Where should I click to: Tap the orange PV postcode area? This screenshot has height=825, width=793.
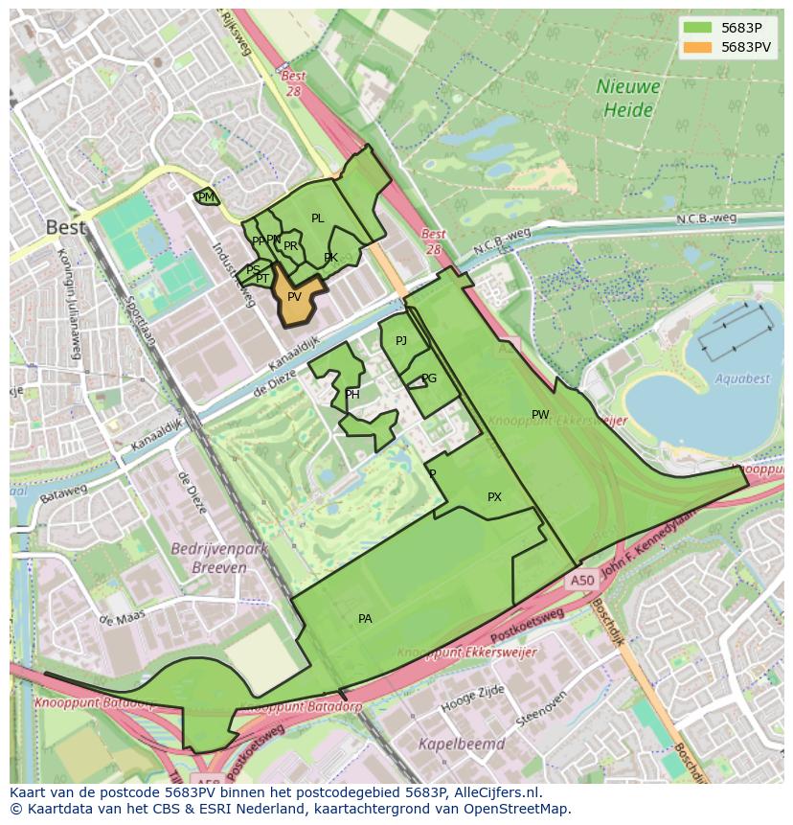click(x=294, y=296)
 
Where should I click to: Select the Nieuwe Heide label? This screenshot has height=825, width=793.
click(x=628, y=98)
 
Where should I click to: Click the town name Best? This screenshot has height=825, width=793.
click(x=66, y=228)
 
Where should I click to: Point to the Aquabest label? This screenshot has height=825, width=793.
click(x=742, y=378)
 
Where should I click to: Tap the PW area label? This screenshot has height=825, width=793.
click(x=540, y=415)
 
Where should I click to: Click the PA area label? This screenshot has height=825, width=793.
click(x=365, y=619)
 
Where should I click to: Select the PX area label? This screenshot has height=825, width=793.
click(x=494, y=497)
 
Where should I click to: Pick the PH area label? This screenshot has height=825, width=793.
click(x=352, y=395)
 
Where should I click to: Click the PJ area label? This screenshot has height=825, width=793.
click(x=401, y=341)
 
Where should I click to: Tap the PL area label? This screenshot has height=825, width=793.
click(x=318, y=218)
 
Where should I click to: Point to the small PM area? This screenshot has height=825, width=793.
click(x=206, y=197)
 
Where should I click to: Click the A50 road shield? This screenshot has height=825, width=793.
click(x=582, y=581)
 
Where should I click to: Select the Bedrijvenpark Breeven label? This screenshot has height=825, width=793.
click(x=208, y=558)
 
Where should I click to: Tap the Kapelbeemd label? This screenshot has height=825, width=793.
click(x=462, y=743)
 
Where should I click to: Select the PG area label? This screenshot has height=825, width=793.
click(x=429, y=378)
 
